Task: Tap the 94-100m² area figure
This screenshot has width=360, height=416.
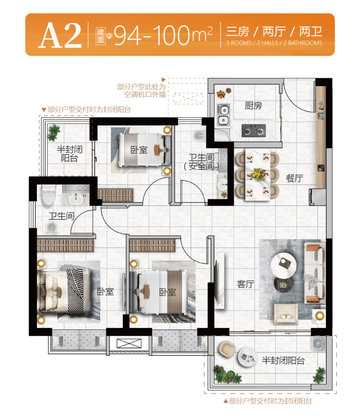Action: (163, 35)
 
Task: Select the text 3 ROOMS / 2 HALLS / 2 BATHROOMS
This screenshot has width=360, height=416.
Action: (274, 43)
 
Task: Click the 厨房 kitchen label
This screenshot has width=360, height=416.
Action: (253, 105)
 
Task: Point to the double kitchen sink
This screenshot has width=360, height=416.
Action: (223, 115)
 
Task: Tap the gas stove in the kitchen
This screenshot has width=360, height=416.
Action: (253, 131)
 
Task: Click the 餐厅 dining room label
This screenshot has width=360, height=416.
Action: (294, 178)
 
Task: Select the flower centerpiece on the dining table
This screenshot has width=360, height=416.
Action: (258, 174)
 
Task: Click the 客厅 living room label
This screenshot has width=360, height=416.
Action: (246, 284)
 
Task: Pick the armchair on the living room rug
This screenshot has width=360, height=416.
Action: (286, 314)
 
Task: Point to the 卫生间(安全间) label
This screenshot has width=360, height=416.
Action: (201, 161)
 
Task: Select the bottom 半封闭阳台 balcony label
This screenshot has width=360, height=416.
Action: (283, 361)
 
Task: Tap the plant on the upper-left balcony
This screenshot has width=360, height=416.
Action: (54, 133)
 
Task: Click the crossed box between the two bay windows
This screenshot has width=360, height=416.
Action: (129, 344)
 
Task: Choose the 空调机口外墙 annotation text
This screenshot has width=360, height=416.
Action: (145, 94)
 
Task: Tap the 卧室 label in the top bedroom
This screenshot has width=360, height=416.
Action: (139, 150)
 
